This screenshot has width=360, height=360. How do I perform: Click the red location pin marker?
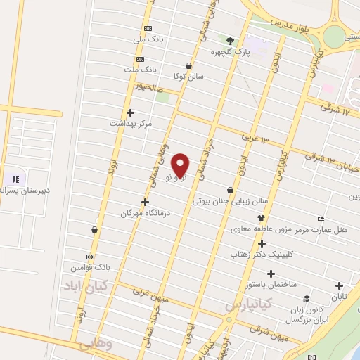tap(181, 165)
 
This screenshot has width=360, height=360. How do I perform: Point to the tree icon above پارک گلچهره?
tap(229, 40)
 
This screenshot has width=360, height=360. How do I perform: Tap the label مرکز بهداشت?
tap(131, 124)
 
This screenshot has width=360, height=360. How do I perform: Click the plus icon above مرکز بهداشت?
tap(130, 112)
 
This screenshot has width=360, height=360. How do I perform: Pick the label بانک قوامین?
tap(91, 269)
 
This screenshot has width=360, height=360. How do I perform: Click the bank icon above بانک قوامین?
tap(90, 257)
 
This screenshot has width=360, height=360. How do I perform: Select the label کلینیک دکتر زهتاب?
tap(262, 256)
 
